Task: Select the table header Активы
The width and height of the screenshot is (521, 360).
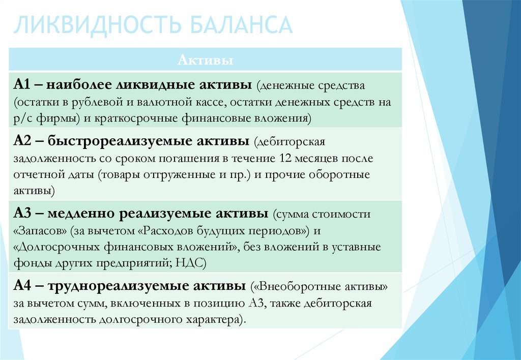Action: click(206, 60)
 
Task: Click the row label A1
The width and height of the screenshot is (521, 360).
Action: click(22, 85)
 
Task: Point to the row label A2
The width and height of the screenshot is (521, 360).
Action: click(22, 141)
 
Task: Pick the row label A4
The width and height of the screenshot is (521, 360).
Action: click(22, 286)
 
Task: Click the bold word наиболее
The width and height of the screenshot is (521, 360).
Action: click(79, 85)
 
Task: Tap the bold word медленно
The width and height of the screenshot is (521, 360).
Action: click(81, 214)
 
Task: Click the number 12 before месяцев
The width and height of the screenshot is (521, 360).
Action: click(285, 158)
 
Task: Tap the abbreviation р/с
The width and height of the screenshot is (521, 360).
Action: click(23, 119)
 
